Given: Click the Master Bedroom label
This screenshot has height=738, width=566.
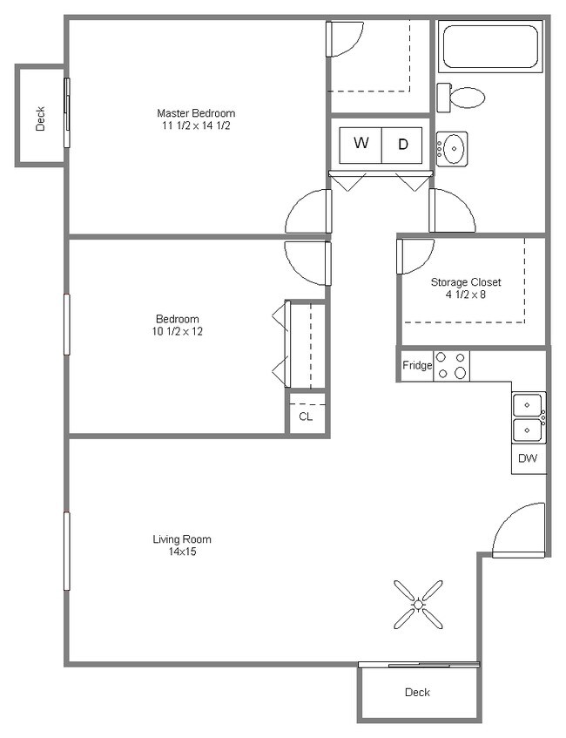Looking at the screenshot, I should [195, 113].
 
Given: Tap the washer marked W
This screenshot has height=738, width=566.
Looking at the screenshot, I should [360, 144].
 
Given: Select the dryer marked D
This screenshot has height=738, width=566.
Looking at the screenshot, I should [402, 145].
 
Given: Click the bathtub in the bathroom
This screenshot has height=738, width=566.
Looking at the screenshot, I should [491, 48].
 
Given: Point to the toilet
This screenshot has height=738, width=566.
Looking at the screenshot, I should [462, 96].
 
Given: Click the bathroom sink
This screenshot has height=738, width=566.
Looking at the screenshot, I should [452, 149].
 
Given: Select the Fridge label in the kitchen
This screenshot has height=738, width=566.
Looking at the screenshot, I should [416, 366].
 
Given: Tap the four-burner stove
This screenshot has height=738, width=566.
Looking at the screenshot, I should [451, 366].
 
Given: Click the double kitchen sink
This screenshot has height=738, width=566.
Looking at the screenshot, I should [528, 418].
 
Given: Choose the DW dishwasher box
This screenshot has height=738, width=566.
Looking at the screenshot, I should [528, 458].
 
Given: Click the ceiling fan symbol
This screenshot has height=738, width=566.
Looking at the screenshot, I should [418, 604].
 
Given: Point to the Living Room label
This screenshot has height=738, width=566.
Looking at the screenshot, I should [182, 539].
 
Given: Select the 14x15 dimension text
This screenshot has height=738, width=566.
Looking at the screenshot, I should [182, 552].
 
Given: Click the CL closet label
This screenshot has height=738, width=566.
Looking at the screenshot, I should [306, 416].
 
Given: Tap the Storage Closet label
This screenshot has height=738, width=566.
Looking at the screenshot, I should [466, 282].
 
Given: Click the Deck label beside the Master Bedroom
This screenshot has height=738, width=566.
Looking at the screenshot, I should [40, 118].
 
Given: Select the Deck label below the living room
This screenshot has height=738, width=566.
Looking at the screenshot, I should [417, 693].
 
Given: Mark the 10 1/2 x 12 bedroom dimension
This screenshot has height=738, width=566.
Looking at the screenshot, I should [178, 331].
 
